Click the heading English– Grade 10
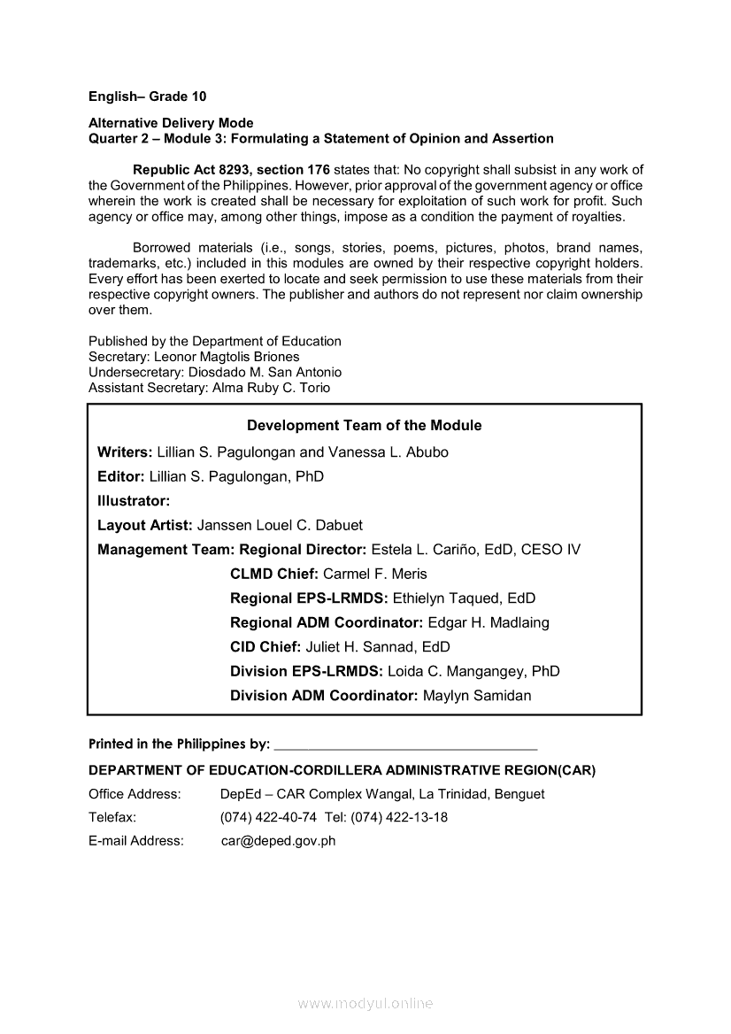click(147, 96)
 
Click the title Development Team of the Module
click(364, 426)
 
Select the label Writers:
click(125, 452)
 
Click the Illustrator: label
click(134, 501)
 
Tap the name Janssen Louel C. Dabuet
click(280, 525)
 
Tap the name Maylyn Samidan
click(477, 696)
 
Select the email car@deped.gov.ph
click(278, 841)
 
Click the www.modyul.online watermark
click(365, 1004)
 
